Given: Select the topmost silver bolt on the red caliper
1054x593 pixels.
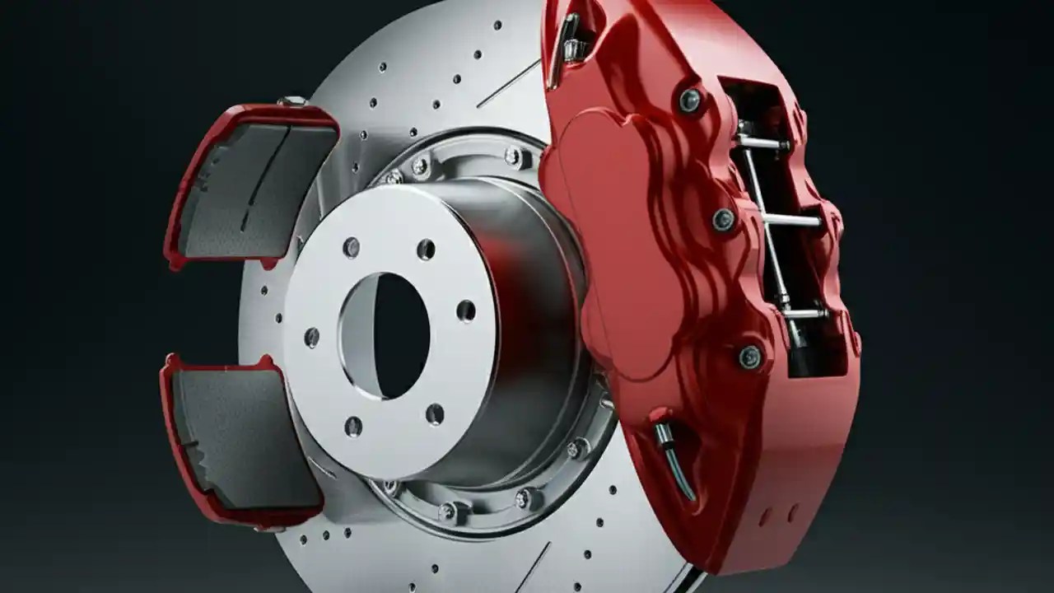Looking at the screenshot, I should click(x=690, y=100).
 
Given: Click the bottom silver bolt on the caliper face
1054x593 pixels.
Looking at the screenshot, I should click(x=749, y=356).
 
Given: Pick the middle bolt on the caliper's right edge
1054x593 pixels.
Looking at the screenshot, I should click(x=724, y=219).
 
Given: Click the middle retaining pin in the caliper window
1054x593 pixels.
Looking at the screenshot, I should click(x=790, y=221).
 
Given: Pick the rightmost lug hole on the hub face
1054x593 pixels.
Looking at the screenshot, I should click(x=466, y=311).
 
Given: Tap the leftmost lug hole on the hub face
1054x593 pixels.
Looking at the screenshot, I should click(x=311, y=337).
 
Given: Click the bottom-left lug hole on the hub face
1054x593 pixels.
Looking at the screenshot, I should click(x=353, y=426).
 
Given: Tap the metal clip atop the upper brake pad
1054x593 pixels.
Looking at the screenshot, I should click(x=291, y=101).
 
